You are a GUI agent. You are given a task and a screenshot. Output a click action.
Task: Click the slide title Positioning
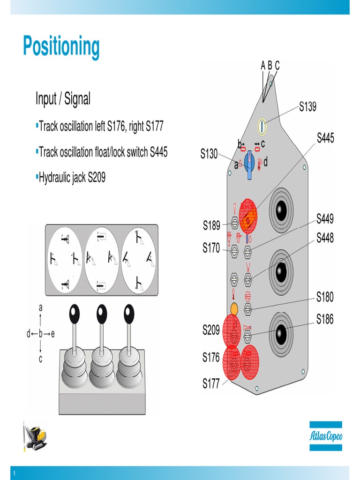click(x=61, y=47)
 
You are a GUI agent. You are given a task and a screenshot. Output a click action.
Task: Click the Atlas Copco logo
click(x=325, y=436)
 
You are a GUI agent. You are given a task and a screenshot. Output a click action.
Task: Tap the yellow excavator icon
click(x=36, y=437)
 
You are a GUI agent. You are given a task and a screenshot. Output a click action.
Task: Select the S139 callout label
click(x=307, y=107)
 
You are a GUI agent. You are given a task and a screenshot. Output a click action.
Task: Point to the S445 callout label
click(x=325, y=138)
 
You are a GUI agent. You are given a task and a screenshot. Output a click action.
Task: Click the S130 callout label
click(x=209, y=153)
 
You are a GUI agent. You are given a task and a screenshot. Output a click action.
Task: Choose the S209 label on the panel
click(x=211, y=330)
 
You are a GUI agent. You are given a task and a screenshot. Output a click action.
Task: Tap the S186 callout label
click(x=325, y=320)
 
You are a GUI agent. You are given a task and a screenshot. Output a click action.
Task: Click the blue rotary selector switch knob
click(x=249, y=162)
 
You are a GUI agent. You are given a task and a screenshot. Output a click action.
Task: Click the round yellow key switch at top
click(x=262, y=126)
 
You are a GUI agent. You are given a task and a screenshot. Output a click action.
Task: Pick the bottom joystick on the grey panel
click(x=281, y=334)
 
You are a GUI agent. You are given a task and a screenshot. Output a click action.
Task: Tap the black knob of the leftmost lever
click(x=75, y=313)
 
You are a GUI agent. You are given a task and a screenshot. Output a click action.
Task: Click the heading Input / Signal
click(x=63, y=99)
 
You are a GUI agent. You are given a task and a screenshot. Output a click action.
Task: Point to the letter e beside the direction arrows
click(x=53, y=334)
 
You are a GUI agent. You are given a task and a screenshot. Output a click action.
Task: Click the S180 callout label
click(x=325, y=297)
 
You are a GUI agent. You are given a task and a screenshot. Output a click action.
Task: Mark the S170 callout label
click(x=211, y=248)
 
